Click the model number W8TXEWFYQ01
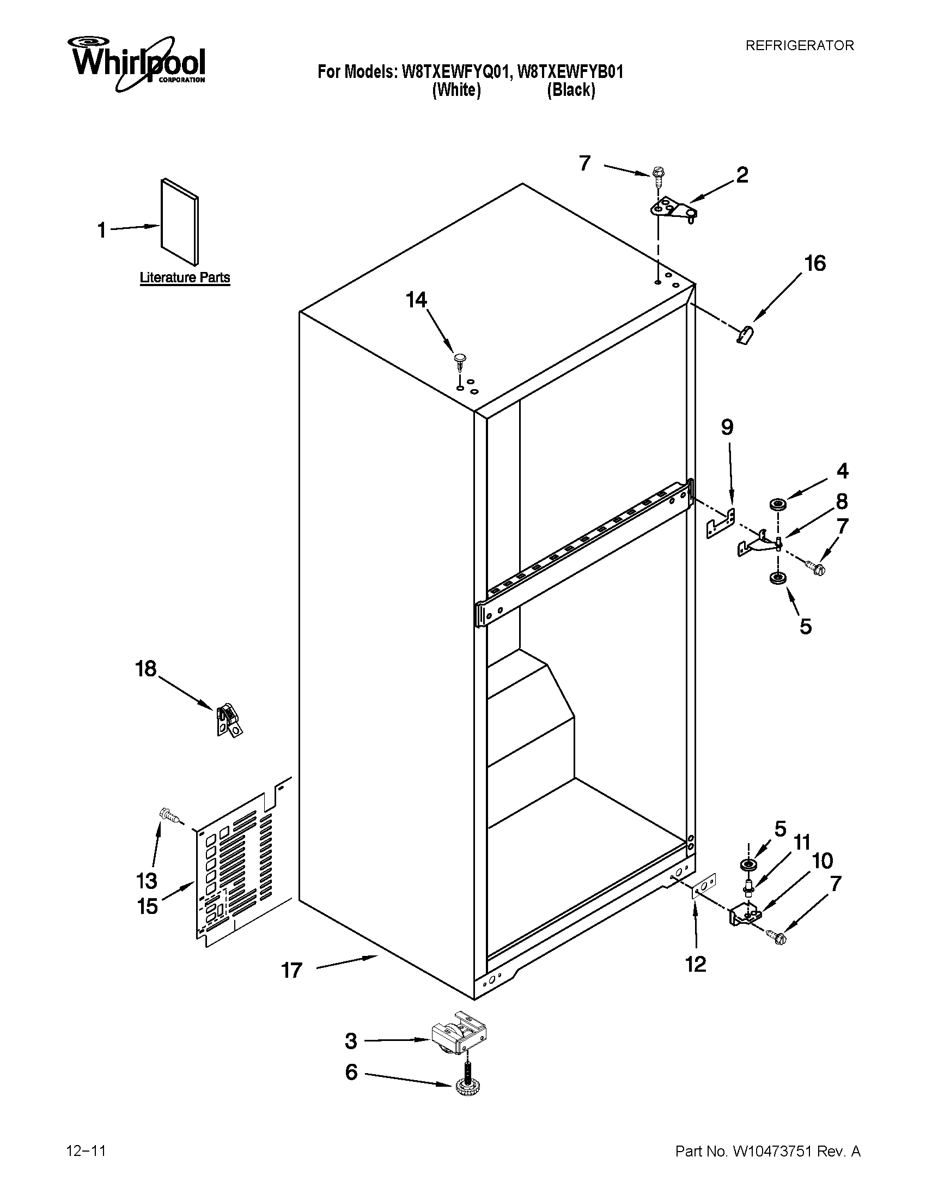pyautogui.click(x=456, y=72)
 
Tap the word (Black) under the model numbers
pyautogui.click(x=570, y=89)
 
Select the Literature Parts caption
pyautogui.click(x=185, y=277)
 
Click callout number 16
pyautogui.click(x=815, y=264)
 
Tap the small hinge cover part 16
pyautogui.click(x=745, y=334)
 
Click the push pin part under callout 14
pyautogui.click(x=460, y=360)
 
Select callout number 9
pyautogui.click(x=727, y=427)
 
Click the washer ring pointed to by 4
pyautogui.click(x=776, y=504)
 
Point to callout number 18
pyautogui.click(x=146, y=669)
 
